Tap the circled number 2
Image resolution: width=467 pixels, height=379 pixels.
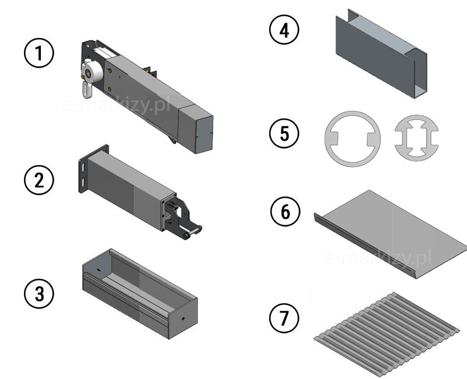click(x=39, y=180)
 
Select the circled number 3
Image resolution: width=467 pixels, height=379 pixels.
click(x=39, y=293)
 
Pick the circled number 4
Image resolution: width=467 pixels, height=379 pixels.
click(x=284, y=29)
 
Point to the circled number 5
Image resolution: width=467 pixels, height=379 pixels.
click(x=284, y=133)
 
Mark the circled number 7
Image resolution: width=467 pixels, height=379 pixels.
click(x=284, y=318)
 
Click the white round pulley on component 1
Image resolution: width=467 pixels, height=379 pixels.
click(x=92, y=72)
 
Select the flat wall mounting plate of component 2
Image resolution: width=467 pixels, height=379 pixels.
click(x=84, y=169)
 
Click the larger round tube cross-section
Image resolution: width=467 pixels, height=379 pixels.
click(x=353, y=139)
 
